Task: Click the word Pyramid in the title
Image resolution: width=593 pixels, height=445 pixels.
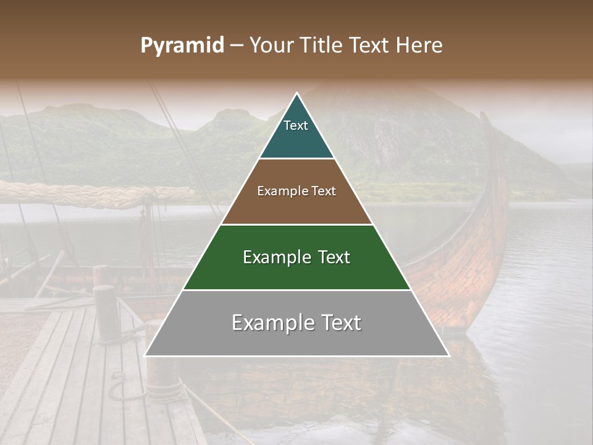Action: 182,46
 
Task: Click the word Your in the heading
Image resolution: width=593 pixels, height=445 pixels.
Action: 270,45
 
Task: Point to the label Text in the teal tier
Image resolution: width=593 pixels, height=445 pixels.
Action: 296,125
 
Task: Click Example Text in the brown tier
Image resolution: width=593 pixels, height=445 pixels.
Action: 296,191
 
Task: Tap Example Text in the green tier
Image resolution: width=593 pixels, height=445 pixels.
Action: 296,257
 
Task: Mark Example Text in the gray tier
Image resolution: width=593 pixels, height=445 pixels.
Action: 296,323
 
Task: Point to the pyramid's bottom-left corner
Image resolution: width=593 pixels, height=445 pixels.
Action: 145,355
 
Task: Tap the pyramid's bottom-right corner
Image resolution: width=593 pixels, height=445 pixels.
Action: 448,355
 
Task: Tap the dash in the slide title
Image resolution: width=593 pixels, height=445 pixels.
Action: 237,46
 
